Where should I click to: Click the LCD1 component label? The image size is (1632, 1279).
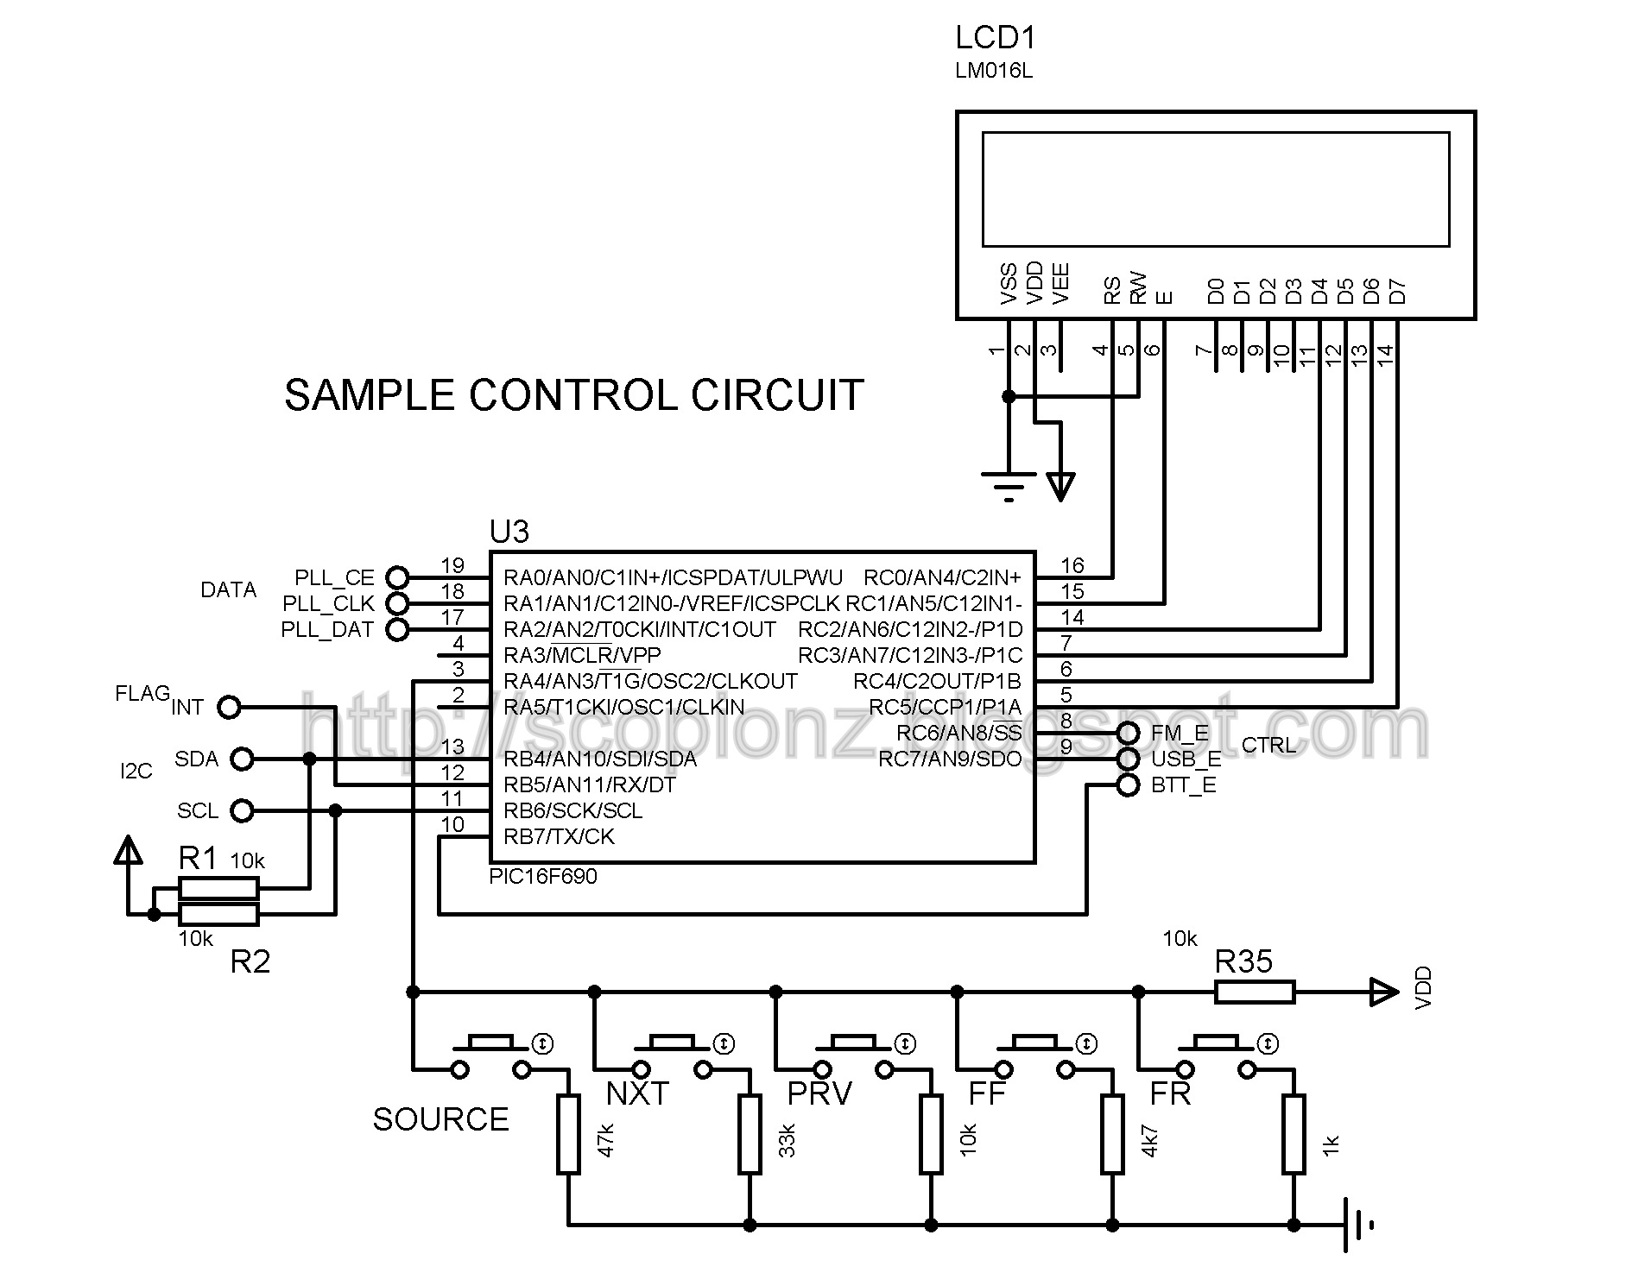pyautogui.click(x=995, y=38)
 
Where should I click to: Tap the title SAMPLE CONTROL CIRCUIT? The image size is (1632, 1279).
pyautogui.click(x=574, y=395)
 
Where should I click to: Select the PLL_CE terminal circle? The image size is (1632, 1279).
pyautogui.click(x=397, y=577)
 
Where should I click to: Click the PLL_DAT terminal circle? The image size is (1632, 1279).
pyautogui.click(x=397, y=629)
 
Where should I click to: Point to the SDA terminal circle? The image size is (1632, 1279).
pyautogui.click(x=243, y=759)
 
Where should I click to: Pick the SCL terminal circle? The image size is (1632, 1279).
pyautogui.click(x=243, y=811)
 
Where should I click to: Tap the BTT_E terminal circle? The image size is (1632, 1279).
pyautogui.click(x=1128, y=785)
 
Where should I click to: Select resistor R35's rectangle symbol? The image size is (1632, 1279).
pyautogui.click(x=1255, y=992)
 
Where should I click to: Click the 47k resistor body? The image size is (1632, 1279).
pyautogui.click(x=568, y=1134)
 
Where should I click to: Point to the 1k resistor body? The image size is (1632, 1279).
pyautogui.click(x=1294, y=1134)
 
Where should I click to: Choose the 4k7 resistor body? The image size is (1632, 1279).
pyautogui.click(x=1112, y=1134)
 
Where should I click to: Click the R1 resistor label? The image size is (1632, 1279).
pyautogui.click(x=198, y=858)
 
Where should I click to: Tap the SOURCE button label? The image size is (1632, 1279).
pyautogui.click(x=440, y=1119)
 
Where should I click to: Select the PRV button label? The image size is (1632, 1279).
pyautogui.click(x=819, y=1093)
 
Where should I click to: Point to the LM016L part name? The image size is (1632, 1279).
pyautogui.click(x=994, y=72)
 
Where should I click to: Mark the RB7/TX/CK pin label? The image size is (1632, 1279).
pyautogui.click(x=560, y=836)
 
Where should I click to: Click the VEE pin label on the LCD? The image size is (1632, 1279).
pyautogui.click(x=1061, y=284)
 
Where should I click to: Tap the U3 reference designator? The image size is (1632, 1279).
pyautogui.click(x=509, y=532)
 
